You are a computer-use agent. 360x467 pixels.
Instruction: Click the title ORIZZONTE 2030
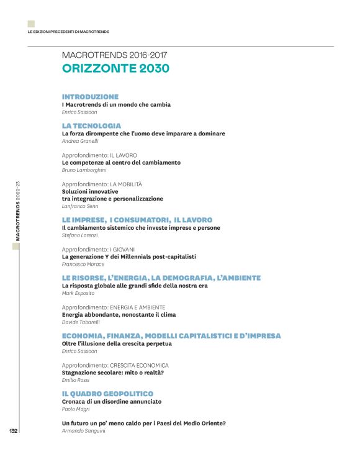(115, 69)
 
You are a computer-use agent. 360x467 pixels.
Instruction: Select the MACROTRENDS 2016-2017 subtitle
(115, 55)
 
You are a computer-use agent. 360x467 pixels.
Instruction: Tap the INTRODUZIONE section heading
(90, 97)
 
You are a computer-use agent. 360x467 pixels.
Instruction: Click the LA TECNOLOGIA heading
(91, 125)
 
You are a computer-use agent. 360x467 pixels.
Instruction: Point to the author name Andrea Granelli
(79, 141)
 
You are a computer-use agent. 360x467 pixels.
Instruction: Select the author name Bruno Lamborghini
(84, 170)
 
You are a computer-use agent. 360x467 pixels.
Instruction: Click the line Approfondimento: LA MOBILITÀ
(102, 184)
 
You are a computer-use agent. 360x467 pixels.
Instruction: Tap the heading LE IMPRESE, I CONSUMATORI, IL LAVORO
(137, 220)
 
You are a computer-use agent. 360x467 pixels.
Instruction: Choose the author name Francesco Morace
(82, 265)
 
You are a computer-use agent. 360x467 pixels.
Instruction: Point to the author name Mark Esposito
(78, 293)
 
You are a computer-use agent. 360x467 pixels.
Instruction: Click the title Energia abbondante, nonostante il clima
(118, 315)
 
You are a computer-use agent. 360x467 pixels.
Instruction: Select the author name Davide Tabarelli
(81, 322)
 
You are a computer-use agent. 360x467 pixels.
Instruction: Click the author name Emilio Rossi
(74, 379)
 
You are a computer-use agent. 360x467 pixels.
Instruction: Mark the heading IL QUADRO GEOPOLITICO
(107, 394)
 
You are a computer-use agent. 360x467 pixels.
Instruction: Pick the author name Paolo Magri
(76, 409)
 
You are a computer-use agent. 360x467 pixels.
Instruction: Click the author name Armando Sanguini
(84, 430)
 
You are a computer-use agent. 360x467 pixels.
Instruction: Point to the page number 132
(12, 431)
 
